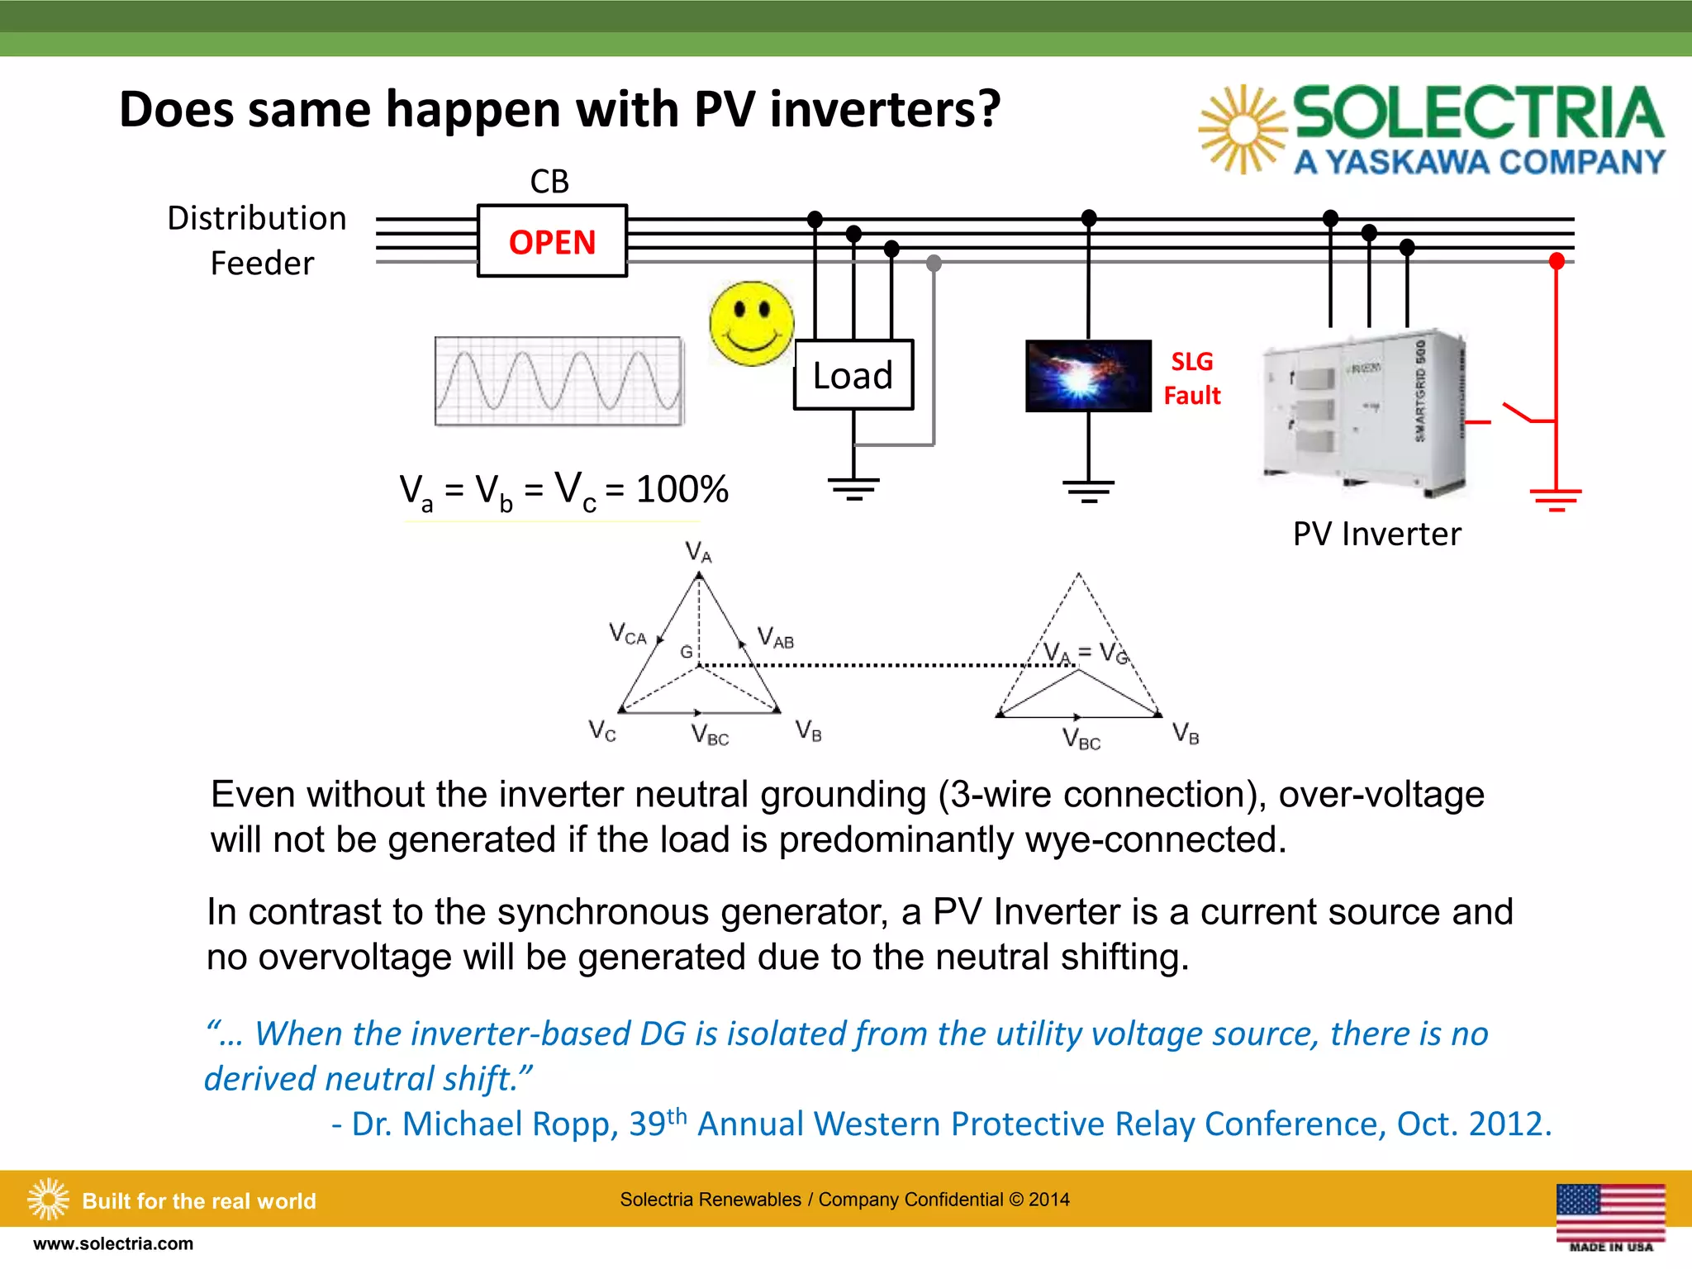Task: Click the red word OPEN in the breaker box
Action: click(x=552, y=243)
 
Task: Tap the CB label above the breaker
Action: click(x=549, y=182)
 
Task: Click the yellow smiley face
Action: click(x=751, y=323)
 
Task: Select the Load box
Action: click(x=853, y=375)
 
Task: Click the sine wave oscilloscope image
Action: click(x=559, y=381)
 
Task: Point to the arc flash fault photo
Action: click(x=1088, y=376)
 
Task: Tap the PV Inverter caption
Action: click(x=1376, y=534)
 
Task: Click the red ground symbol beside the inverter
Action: click(x=1556, y=499)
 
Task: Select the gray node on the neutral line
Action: click(x=934, y=263)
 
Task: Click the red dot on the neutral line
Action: click(x=1557, y=262)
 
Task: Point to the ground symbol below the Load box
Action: click(x=853, y=488)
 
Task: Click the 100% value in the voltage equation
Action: click(x=682, y=489)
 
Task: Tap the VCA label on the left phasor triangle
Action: click(x=628, y=634)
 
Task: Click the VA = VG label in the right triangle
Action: click(x=1085, y=653)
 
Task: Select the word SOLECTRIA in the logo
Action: click(x=1477, y=113)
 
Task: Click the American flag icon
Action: click(x=1610, y=1211)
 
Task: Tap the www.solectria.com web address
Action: click(x=113, y=1243)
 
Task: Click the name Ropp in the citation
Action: click(x=575, y=1124)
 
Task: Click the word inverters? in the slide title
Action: click(x=884, y=110)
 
